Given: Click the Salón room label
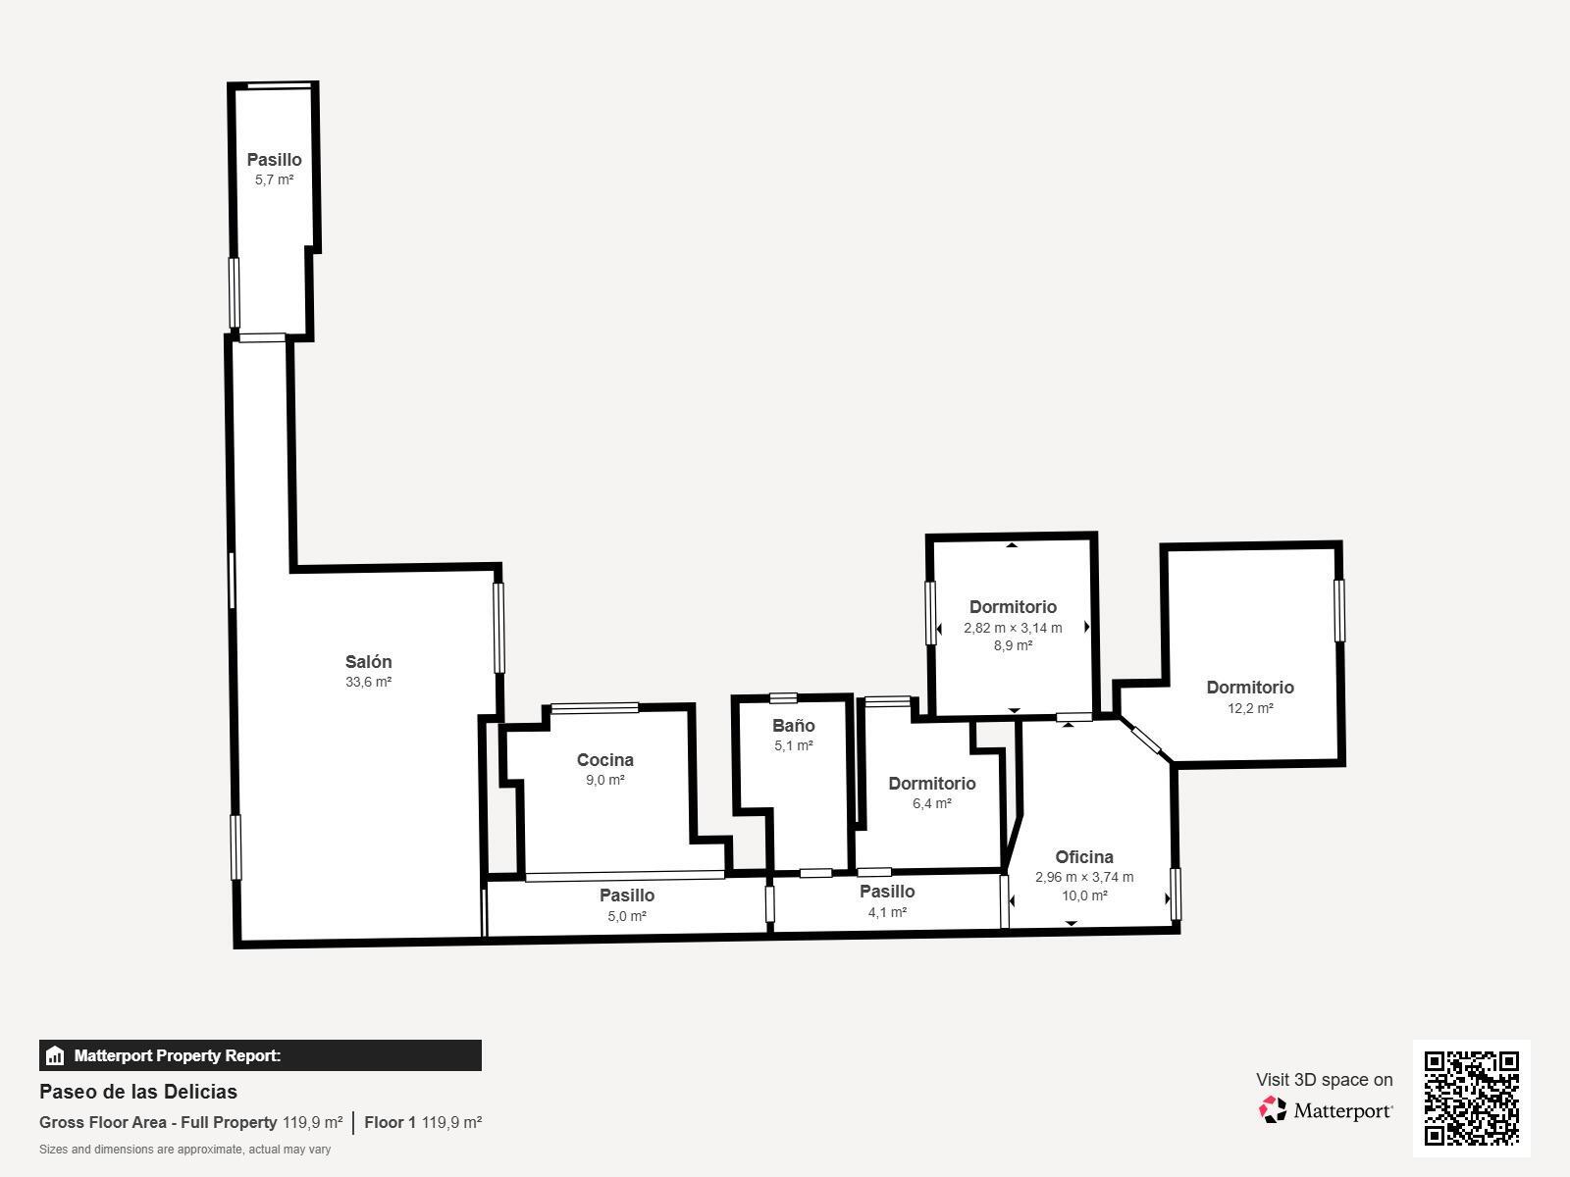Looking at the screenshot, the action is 368,662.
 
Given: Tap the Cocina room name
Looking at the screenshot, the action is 605,759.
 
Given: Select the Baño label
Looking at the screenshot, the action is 793,726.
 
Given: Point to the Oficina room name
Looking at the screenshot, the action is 1084,857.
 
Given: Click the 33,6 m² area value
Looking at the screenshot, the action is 368,682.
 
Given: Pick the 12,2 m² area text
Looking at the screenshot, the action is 1250,708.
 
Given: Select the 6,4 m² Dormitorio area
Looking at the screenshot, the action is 932,803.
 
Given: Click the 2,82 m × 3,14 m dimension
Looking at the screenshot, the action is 1013,628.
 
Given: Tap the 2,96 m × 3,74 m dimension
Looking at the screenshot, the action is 1084,877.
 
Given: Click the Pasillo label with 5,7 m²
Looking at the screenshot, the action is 274,160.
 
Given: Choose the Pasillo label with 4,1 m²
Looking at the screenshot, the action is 887,892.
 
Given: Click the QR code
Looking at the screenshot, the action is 1471,1099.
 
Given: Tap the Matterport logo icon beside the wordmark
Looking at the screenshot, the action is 1273,1110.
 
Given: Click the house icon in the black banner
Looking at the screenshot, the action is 55,1055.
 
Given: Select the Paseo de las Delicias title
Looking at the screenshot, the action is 138,1092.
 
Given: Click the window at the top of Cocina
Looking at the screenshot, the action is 595,708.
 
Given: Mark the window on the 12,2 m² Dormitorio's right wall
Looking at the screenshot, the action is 1339,610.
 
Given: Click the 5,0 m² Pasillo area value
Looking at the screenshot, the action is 627,916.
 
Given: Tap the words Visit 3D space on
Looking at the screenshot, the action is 1325,1080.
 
